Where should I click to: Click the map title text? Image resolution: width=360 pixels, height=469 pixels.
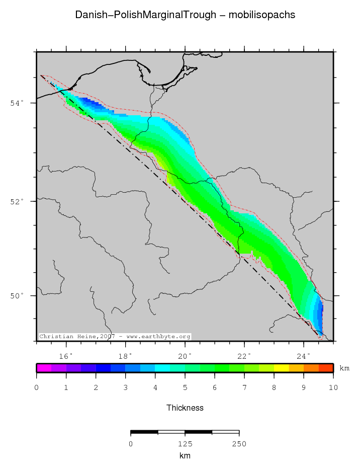coord(185,15)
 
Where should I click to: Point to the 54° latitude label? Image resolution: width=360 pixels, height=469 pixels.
coord(17,103)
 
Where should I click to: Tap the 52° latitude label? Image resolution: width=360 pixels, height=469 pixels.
coord(17,201)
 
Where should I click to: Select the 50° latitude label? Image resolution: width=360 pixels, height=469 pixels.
coord(17,296)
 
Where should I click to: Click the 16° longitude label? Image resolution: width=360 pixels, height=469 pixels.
coord(66,356)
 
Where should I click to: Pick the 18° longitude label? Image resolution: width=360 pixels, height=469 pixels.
coord(126,356)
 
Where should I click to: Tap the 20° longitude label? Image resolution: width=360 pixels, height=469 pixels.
coord(185,356)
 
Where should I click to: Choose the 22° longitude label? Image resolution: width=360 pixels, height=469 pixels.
coord(244,356)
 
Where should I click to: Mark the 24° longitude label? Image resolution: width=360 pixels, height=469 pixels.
coord(304,356)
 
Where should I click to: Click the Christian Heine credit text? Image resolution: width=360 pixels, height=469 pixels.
coord(115,337)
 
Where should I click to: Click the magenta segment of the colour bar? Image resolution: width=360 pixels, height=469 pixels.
coord(44,368)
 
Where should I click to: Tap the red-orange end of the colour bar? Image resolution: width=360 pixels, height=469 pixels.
coord(326,368)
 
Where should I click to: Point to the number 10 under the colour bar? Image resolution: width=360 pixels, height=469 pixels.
coord(333,387)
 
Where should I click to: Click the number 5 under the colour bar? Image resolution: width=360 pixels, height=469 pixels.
coord(185,387)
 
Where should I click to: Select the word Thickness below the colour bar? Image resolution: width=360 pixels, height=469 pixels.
coord(185,408)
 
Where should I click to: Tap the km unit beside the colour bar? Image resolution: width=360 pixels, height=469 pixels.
coord(344,368)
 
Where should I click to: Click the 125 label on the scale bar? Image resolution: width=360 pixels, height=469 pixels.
coord(185,444)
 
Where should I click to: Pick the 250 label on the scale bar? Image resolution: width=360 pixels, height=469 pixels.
coord(239,444)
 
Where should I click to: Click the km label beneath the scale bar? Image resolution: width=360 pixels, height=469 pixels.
coord(185,455)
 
